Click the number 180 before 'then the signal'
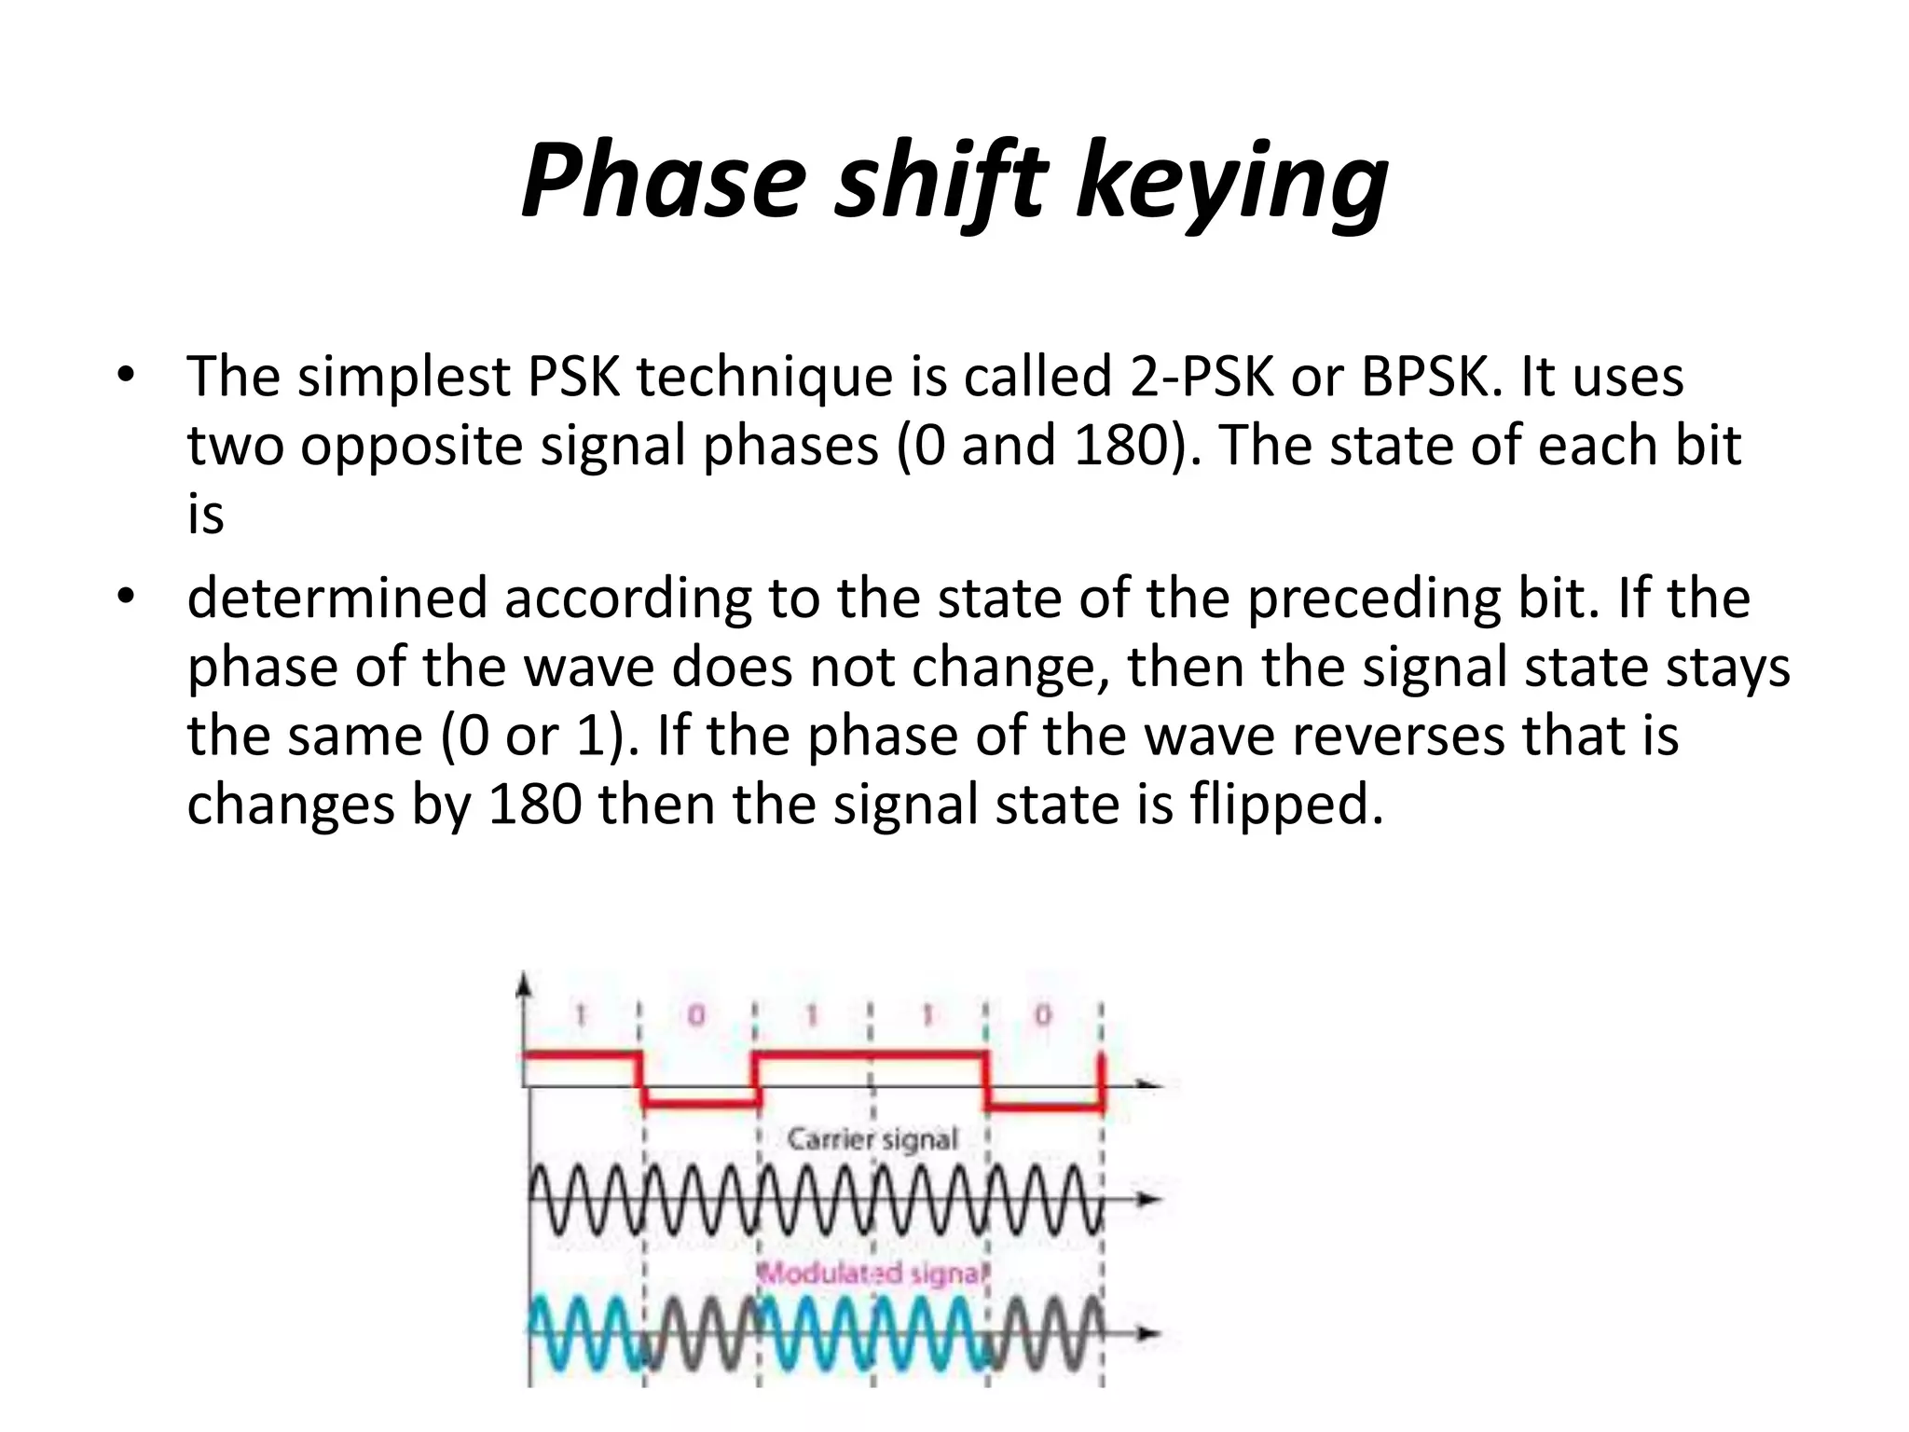click(x=535, y=804)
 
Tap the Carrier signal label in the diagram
click(x=872, y=1139)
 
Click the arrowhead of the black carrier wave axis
click(x=1153, y=1200)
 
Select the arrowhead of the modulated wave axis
click(x=1153, y=1334)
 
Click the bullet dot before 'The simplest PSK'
click(x=126, y=377)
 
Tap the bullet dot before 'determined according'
click(x=126, y=597)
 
